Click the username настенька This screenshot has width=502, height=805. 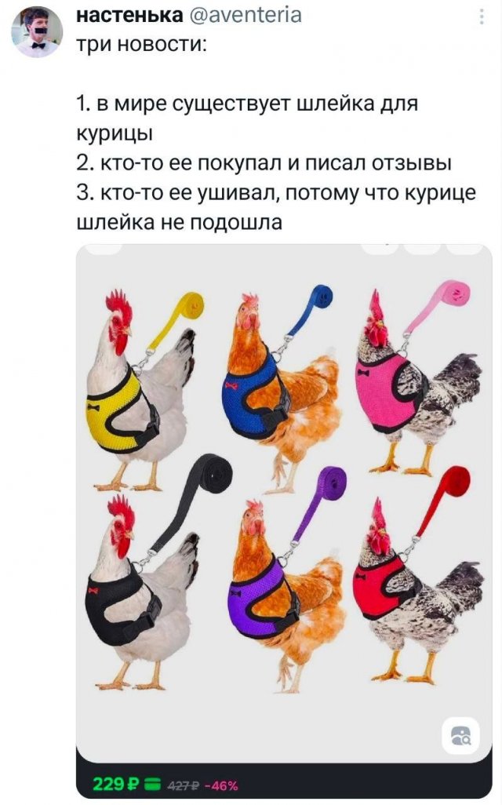(129, 16)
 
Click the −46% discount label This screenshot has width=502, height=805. (221, 785)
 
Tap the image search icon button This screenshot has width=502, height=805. (461, 736)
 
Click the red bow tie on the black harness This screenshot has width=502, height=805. (93, 590)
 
